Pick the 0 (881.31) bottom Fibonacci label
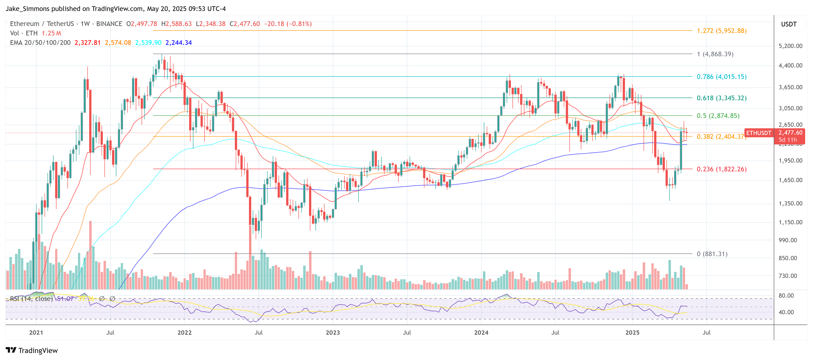[x=712, y=254]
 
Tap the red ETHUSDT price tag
[x=758, y=133]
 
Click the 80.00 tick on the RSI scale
[x=786, y=296]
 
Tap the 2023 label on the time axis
[x=333, y=333]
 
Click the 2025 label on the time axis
[x=632, y=333]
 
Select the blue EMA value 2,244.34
[x=178, y=43]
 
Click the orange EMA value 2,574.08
[x=118, y=43]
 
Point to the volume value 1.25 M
[x=52, y=33]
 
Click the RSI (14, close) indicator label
[x=31, y=299]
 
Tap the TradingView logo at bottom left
[x=32, y=351]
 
